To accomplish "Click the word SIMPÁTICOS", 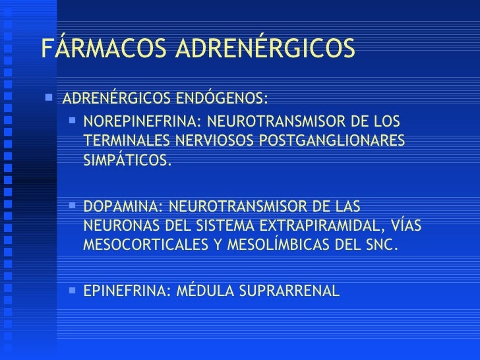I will (x=127, y=160).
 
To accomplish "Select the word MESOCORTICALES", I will (x=146, y=244).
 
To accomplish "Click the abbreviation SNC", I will (x=382, y=244).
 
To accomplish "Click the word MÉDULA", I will (x=199, y=289).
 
